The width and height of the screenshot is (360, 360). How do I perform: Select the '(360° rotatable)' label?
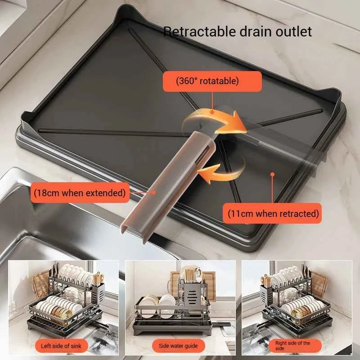[x=213, y=81]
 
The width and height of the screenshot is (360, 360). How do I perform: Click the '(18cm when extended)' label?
[x=79, y=193]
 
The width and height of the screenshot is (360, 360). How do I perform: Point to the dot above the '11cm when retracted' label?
[x=272, y=173]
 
